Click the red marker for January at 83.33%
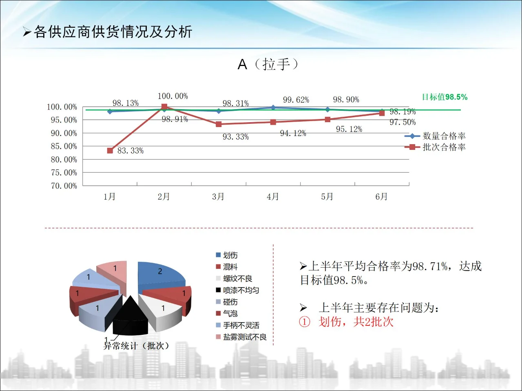(x=110, y=151)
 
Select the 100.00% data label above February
(x=173, y=96)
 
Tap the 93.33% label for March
(x=235, y=137)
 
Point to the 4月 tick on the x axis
(x=273, y=197)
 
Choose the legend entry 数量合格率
(x=444, y=136)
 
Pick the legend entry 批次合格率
(x=444, y=147)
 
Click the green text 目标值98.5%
(x=445, y=97)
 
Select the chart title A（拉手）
(x=268, y=64)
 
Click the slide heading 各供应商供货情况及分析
(x=113, y=32)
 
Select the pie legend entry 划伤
(x=230, y=255)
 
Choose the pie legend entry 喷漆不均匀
(x=241, y=290)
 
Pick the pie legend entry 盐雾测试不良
(x=244, y=337)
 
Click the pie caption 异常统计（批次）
(x=136, y=346)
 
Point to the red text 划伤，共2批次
(x=356, y=322)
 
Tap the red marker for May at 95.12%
(x=327, y=119)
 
